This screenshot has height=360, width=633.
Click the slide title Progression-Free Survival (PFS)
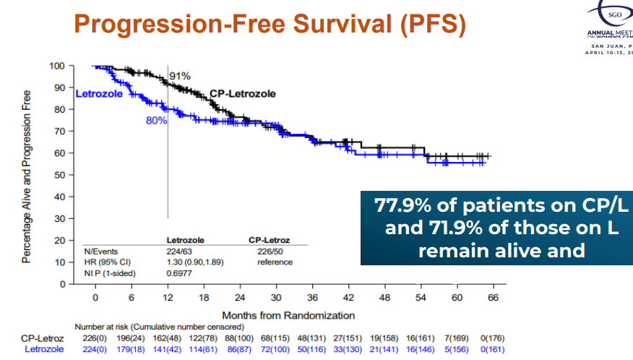click(x=270, y=23)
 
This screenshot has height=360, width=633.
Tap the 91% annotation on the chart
click(x=179, y=76)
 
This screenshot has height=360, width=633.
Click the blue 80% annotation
click(x=156, y=121)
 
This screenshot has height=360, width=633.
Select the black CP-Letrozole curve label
click(x=243, y=94)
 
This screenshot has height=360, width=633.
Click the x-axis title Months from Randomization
click(x=288, y=315)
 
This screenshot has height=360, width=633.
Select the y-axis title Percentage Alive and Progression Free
click(x=27, y=176)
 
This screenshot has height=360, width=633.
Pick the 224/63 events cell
click(x=181, y=251)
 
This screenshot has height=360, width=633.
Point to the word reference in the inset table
click(x=275, y=262)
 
